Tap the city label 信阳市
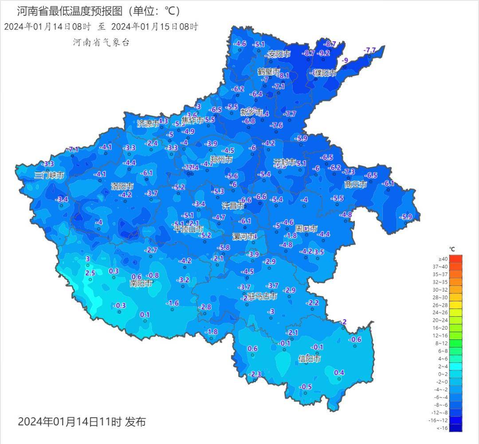310,358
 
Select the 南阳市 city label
141,283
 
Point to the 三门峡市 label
49,175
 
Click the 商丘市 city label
356,184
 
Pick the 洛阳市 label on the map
122,187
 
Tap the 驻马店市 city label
263,296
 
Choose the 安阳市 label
279,54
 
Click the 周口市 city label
306,229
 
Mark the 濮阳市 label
325,73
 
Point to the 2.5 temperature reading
90,273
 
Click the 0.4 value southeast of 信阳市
339,372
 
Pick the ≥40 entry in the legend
443,259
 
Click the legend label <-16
443,428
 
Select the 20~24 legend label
443,320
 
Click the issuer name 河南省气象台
101,43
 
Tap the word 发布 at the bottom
135,421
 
